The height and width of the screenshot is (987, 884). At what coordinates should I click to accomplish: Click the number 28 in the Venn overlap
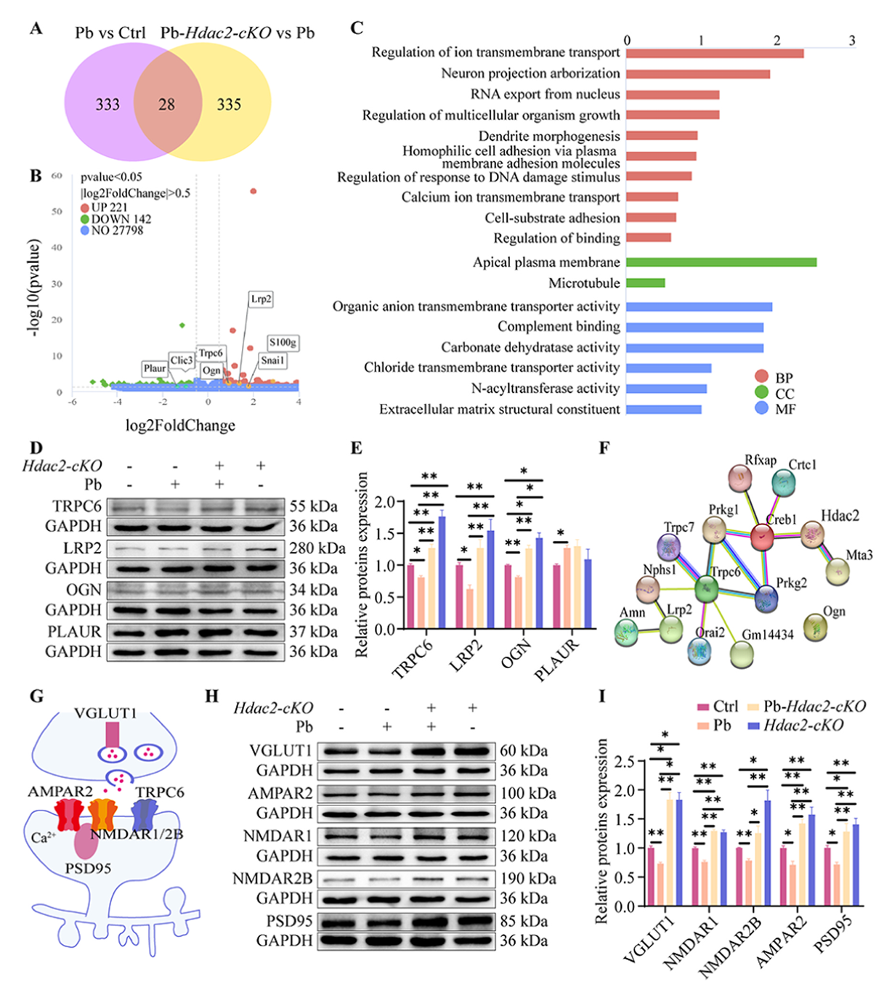(x=166, y=105)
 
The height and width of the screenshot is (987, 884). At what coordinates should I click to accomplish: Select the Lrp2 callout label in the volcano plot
(x=261, y=298)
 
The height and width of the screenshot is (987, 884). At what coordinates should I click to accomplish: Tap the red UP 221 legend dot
(x=85, y=208)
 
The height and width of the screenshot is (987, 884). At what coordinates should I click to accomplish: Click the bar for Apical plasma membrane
(x=721, y=262)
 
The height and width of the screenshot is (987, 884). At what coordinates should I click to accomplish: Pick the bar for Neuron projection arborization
(x=697, y=74)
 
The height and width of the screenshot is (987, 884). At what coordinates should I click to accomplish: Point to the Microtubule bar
(x=645, y=283)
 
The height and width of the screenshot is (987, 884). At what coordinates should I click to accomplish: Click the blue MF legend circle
(x=761, y=408)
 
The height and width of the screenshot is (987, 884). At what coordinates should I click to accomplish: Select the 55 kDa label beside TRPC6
(x=313, y=506)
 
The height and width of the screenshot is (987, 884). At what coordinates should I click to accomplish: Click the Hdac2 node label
(x=840, y=516)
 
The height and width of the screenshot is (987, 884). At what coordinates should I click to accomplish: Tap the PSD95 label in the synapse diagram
(x=88, y=868)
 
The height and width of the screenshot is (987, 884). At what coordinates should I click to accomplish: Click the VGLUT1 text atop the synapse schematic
(x=105, y=713)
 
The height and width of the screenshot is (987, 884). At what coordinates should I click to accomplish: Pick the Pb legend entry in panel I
(x=714, y=725)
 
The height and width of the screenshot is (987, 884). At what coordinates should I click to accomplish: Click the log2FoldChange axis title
(x=180, y=426)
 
